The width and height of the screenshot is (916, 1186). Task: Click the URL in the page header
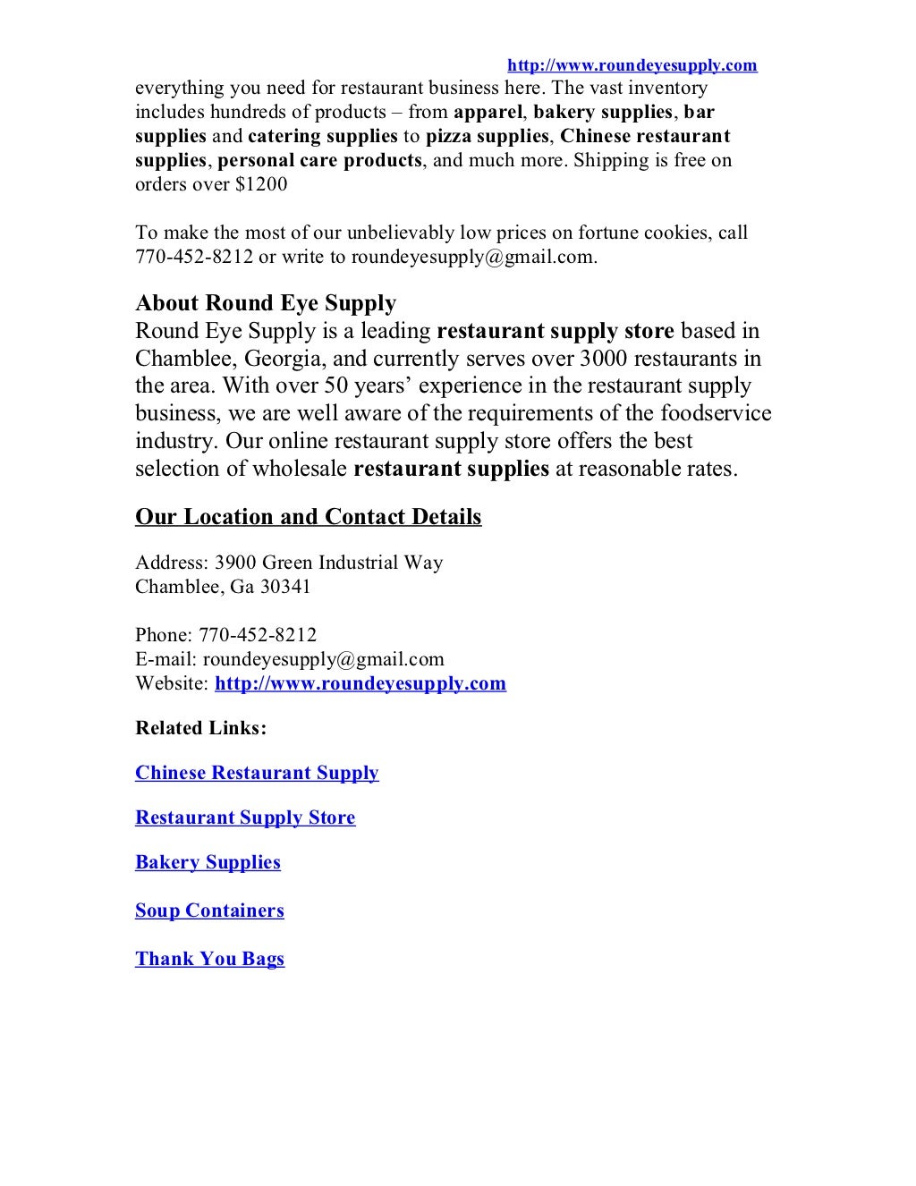pos(632,65)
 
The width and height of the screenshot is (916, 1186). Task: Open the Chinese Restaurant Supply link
pos(257,773)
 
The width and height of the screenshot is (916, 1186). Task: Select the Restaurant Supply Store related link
pos(245,817)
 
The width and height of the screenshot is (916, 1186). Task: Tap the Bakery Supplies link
pos(208,862)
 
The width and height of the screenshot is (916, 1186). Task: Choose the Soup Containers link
pos(209,911)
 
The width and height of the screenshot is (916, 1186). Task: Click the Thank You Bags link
pos(209,959)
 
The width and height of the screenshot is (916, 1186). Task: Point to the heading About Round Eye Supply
pos(266,303)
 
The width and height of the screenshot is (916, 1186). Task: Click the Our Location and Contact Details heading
pos(308,517)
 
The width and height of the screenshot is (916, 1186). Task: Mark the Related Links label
pos(201,728)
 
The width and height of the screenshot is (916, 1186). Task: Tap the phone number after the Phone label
pos(258,635)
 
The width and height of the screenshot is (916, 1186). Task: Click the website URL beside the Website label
pos(360,683)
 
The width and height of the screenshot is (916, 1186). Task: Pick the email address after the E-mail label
pos(324,659)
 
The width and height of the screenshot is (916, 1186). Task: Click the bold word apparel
pos(488,112)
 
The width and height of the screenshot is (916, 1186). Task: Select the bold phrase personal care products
pos(319,160)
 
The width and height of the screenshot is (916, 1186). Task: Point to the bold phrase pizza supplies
pos(487,136)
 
